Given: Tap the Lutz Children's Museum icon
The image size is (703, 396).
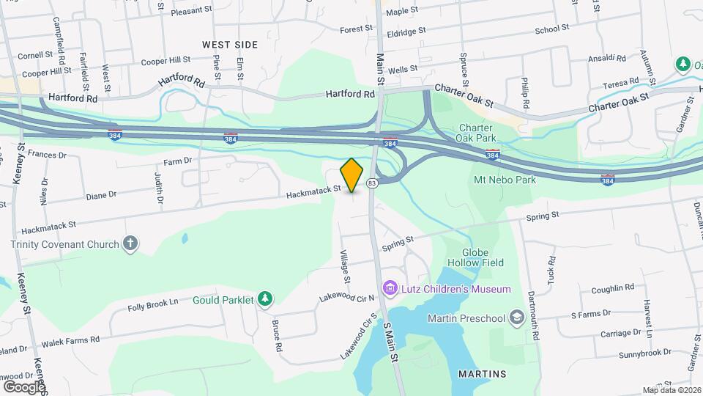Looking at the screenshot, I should [x=390, y=289].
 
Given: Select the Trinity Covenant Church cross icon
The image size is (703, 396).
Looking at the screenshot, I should [x=130, y=243].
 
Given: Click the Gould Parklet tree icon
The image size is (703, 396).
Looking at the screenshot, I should [x=265, y=299].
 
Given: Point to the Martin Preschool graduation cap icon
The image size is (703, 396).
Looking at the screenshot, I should [x=517, y=318].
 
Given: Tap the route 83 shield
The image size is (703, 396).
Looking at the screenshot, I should [x=373, y=183].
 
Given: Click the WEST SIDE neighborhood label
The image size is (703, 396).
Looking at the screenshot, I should [x=230, y=45].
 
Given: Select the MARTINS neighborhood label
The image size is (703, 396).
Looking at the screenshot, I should [x=482, y=374].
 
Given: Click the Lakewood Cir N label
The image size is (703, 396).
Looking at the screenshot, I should [x=346, y=297].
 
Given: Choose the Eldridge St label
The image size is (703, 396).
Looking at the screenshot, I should [x=406, y=32].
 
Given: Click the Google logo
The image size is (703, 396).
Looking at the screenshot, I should [x=24, y=386].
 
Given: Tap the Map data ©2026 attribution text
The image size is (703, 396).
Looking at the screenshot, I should [x=672, y=390].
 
